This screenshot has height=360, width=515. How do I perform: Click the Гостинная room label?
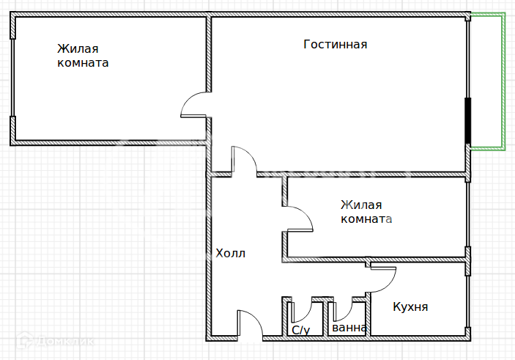click(335, 45)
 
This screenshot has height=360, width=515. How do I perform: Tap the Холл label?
click(230, 253)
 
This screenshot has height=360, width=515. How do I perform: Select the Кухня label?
click(410, 307)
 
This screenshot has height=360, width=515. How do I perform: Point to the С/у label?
click(301, 330)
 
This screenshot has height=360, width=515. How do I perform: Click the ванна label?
click(349, 328)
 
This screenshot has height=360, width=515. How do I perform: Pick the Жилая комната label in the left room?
click(83, 56)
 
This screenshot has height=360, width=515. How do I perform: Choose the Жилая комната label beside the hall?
click(366, 212)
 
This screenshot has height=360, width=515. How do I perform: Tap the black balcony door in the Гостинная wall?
click(468, 121)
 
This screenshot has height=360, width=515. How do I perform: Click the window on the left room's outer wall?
click(12, 78)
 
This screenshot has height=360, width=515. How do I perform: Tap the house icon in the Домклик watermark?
click(24, 340)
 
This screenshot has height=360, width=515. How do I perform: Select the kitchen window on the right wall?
click(468, 301)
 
